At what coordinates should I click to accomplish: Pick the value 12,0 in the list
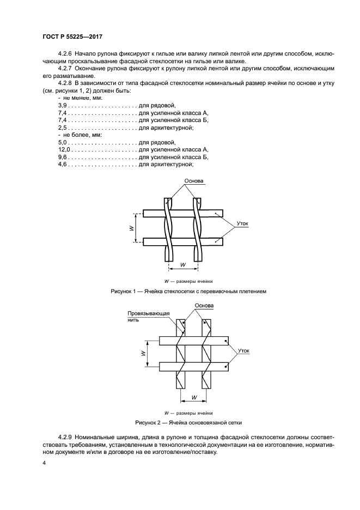(64, 149)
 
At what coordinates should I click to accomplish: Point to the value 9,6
(62, 156)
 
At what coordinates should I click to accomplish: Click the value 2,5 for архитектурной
(62, 127)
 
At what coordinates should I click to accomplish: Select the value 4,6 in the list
(62, 164)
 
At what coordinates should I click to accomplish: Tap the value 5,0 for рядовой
(62, 142)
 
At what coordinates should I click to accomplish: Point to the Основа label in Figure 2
(204, 306)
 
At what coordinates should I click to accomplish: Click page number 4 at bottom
(44, 463)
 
